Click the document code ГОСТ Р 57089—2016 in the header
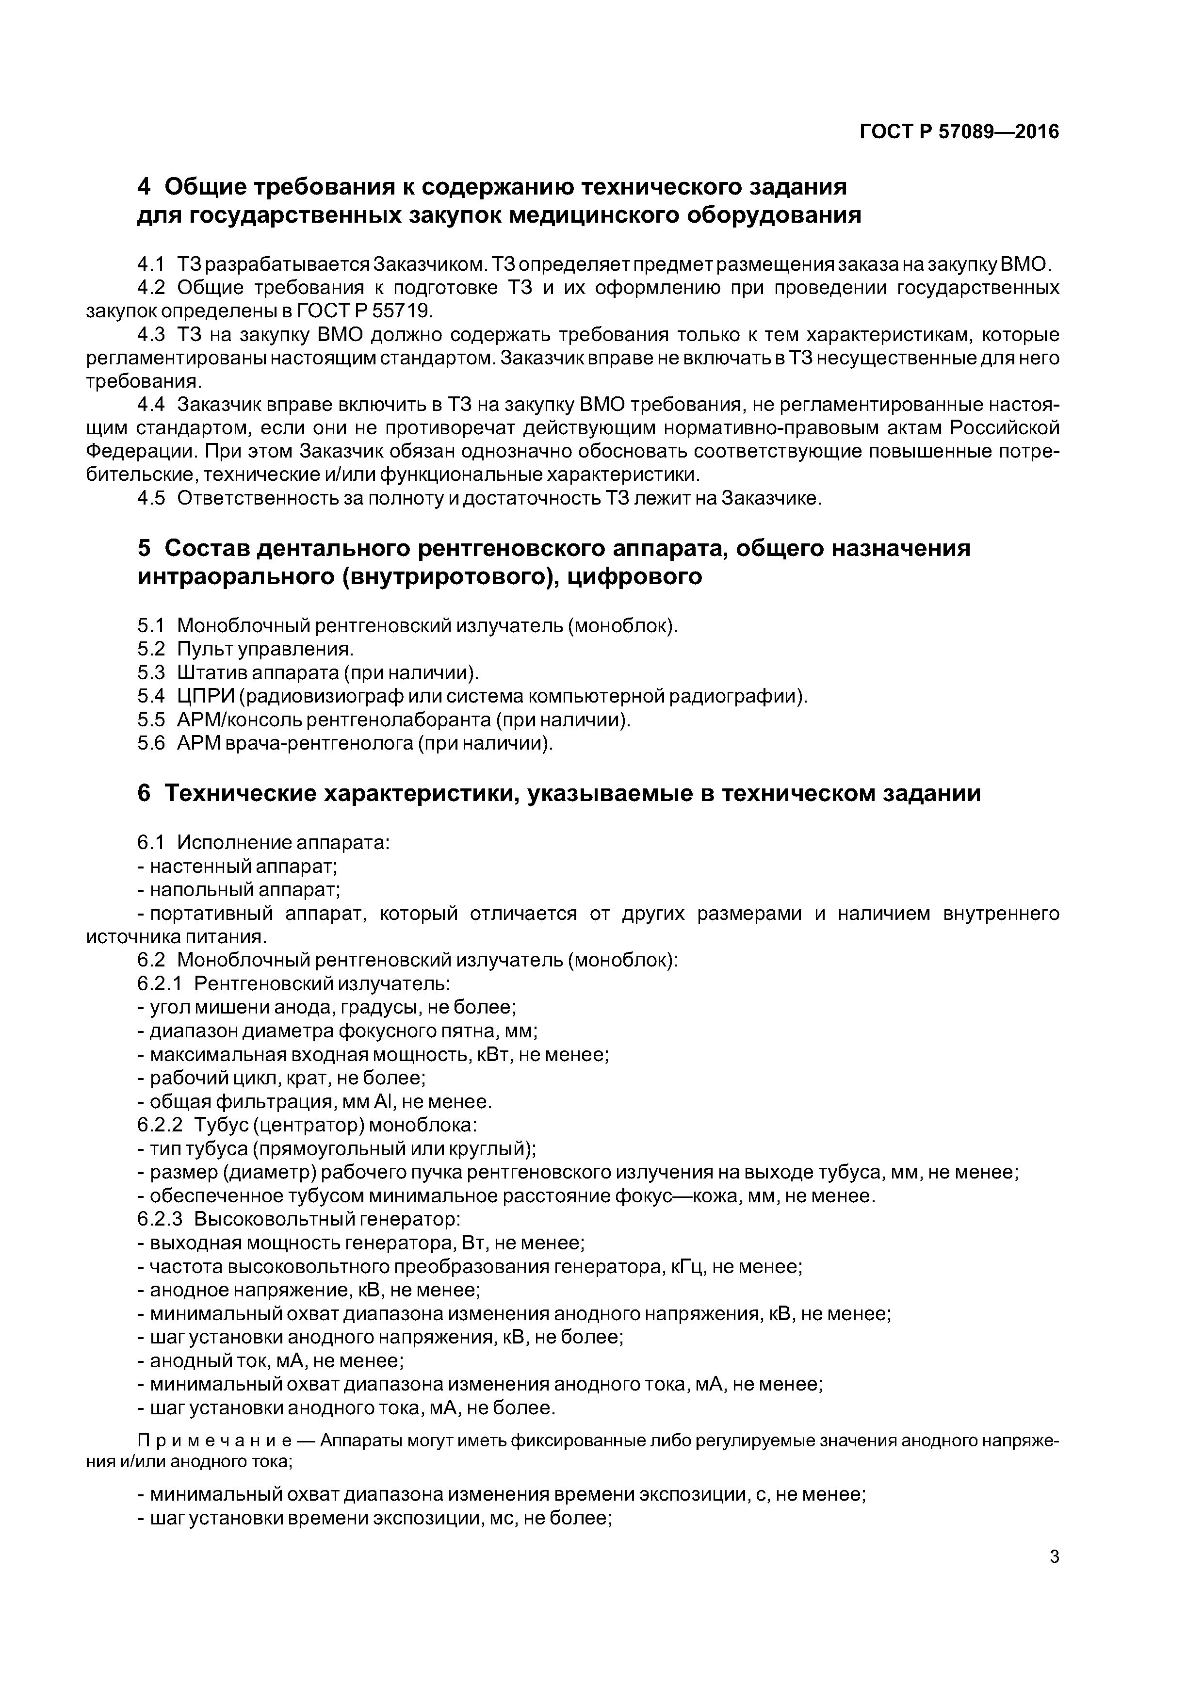click(959, 132)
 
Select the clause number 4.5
click(151, 498)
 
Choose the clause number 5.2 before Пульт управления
click(151, 649)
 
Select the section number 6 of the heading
click(145, 793)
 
